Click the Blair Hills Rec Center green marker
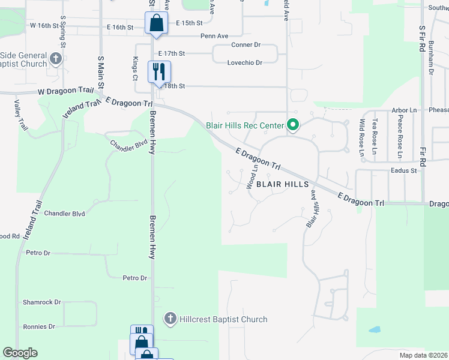[293, 125]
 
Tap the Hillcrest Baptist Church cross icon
[170, 319]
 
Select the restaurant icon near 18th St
[159, 71]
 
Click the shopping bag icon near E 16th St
[155, 24]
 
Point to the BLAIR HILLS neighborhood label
[282, 185]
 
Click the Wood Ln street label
[252, 177]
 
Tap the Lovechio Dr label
[245, 62]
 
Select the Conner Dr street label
[246, 45]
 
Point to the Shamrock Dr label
[42, 302]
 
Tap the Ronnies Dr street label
[39, 327]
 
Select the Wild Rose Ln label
[362, 139]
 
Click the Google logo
[20, 353]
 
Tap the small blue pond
[374, 330]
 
